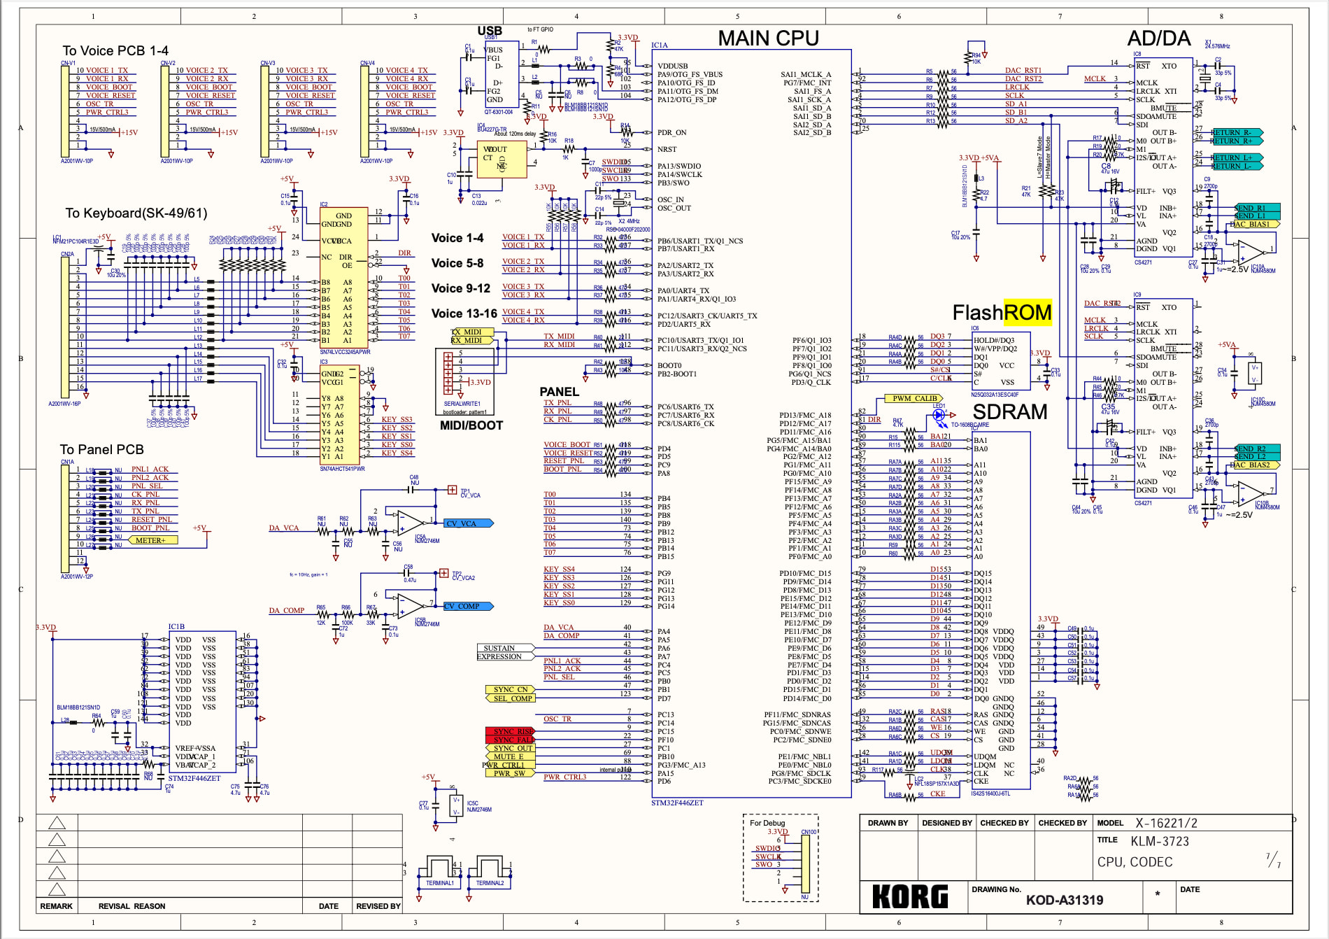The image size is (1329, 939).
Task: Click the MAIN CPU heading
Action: click(x=768, y=38)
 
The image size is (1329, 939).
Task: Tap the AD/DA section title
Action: click(x=1158, y=38)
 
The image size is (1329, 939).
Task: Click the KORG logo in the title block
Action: click(x=910, y=896)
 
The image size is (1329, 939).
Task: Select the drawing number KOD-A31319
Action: click(x=1064, y=900)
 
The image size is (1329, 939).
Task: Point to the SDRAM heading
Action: click(x=1009, y=412)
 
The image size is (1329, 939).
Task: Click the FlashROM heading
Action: click(x=1002, y=313)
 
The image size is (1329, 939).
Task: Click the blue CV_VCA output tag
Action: click(x=468, y=523)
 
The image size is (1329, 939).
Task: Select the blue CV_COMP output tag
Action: click(x=467, y=607)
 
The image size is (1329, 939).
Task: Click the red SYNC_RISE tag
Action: click(x=510, y=731)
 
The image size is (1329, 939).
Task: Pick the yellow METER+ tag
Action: click(x=152, y=540)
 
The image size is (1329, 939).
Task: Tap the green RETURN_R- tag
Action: click(x=1235, y=132)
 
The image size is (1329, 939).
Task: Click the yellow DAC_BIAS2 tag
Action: click(x=1254, y=465)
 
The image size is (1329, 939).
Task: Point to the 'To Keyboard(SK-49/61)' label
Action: click(x=136, y=213)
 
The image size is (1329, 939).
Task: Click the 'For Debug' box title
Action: click(x=767, y=823)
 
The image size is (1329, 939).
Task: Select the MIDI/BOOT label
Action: click(x=471, y=425)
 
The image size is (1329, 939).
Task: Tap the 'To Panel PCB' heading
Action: click(x=101, y=449)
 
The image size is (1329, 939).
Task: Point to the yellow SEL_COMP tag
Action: click(x=511, y=698)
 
